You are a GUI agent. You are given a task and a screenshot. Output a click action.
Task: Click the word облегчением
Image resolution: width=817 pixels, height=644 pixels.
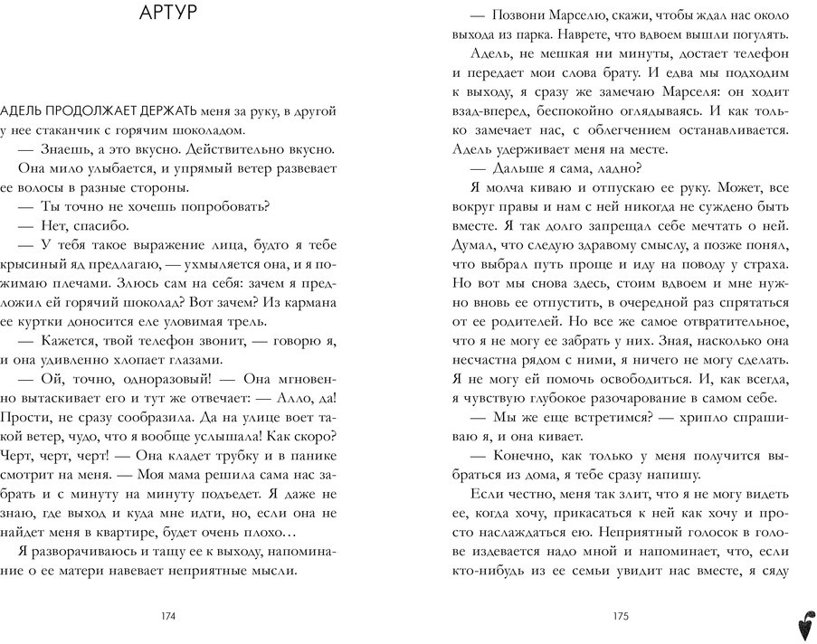(x=641, y=130)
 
